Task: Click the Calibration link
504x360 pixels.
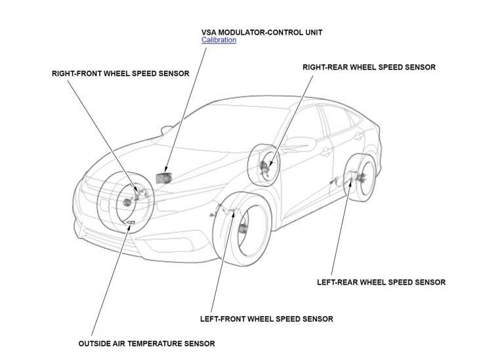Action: coord(219,40)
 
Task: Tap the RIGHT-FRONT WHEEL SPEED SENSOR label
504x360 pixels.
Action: coord(120,73)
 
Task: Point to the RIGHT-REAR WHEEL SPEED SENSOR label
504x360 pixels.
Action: coord(368,67)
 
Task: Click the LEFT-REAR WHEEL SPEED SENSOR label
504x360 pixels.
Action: coord(381,282)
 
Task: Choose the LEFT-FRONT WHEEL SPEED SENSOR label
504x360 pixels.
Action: coord(266,319)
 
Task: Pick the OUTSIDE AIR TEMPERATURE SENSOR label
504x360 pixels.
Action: coord(146,343)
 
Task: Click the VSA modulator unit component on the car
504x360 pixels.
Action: coord(163,176)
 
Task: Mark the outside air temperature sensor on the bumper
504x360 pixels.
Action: coord(131,224)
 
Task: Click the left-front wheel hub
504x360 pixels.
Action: coord(243,228)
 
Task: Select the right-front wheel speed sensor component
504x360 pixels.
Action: coord(138,191)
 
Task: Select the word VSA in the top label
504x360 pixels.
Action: coord(209,31)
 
